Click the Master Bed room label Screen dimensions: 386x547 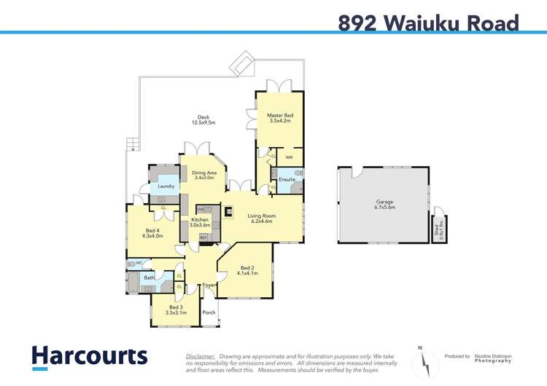pyautogui.click(x=279, y=118)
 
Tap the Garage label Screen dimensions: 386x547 pyautogui.click(x=384, y=205)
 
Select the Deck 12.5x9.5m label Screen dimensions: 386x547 pyautogui.click(x=203, y=120)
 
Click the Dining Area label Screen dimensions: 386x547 pyautogui.click(x=203, y=175)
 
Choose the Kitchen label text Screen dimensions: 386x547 pyautogui.click(x=200, y=222)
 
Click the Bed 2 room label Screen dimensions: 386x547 pyautogui.click(x=248, y=270)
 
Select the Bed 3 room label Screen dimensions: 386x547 pyautogui.click(x=176, y=310)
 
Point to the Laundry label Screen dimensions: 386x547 pyautogui.click(x=166, y=186)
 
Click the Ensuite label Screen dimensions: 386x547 pyautogui.click(x=287, y=179)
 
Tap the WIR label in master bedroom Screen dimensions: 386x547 pyautogui.click(x=289, y=157)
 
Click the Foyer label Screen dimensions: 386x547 pyautogui.click(x=209, y=285)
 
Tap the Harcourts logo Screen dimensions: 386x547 pyautogui.click(x=89, y=357)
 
